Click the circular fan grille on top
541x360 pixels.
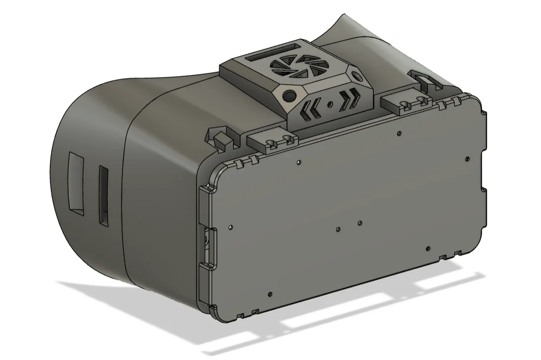pos(290,68)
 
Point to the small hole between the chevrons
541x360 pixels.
pos(331,104)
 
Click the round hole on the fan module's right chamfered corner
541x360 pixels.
pos(357,76)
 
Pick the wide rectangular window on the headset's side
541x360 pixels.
pos(77,183)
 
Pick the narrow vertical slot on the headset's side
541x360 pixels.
pos(103,196)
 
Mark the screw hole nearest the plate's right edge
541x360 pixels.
pos(467,159)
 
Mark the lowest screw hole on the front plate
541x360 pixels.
pos(269,294)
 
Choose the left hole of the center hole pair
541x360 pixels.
pos(338,229)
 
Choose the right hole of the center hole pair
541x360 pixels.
pos(360,224)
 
